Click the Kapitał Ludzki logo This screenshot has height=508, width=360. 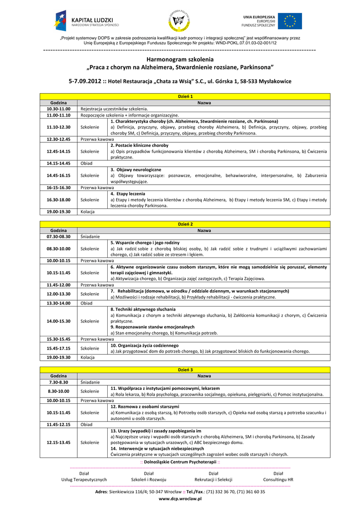[86, 21]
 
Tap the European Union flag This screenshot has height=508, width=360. [289, 21]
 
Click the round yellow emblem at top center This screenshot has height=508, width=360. [179, 21]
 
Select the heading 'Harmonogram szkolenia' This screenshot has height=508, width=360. [180, 59]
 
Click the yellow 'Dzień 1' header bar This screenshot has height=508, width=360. [185, 96]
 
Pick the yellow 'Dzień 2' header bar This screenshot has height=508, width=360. [185, 224]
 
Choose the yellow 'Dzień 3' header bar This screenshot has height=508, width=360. [185, 370]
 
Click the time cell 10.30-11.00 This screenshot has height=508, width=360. [59, 109]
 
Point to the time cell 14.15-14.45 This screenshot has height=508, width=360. [59, 163]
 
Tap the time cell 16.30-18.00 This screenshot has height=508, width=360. [59, 199]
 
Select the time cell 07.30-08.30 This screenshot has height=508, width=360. [59, 237]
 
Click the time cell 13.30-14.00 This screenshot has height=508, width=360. [59, 303]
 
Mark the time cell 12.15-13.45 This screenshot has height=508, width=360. [59, 442]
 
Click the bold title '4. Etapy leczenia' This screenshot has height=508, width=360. [128, 193]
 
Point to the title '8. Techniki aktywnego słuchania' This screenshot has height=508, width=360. [143, 309]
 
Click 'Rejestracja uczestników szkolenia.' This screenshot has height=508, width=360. [114, 109]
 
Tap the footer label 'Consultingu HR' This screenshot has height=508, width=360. [278, 480]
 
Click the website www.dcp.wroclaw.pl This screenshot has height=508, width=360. [180, 499]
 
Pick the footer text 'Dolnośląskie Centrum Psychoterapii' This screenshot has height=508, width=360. [180, 462]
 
